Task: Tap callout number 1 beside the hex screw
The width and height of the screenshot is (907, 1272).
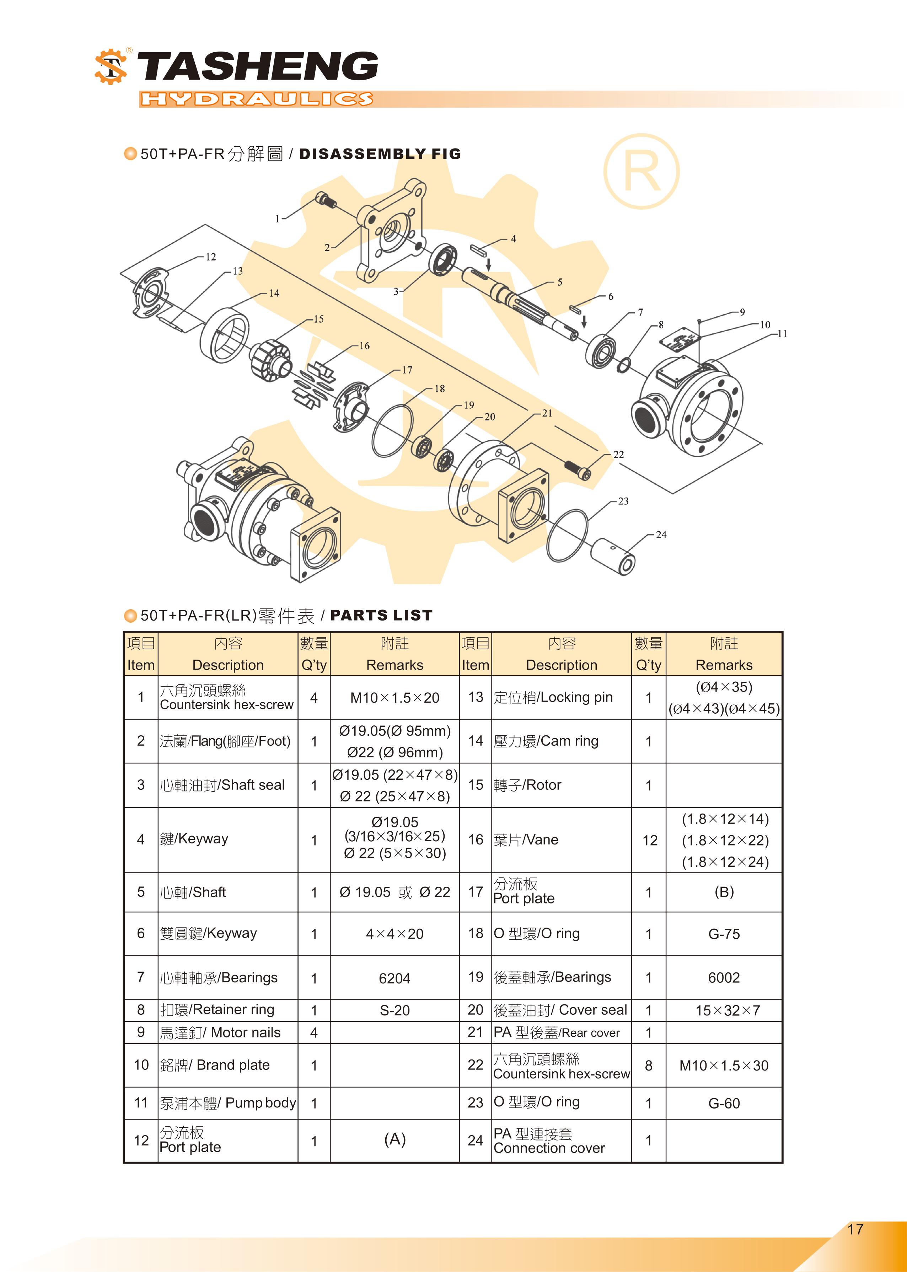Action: [277, 219]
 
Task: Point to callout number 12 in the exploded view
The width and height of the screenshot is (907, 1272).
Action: [210, 257]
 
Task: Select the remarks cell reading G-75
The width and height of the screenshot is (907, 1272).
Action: [724, 934]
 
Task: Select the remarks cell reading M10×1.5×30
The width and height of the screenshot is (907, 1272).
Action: [724, 1066]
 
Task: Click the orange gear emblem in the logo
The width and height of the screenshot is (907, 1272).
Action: [111, 67]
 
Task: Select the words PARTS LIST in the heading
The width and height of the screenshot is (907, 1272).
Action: [381, 615]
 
